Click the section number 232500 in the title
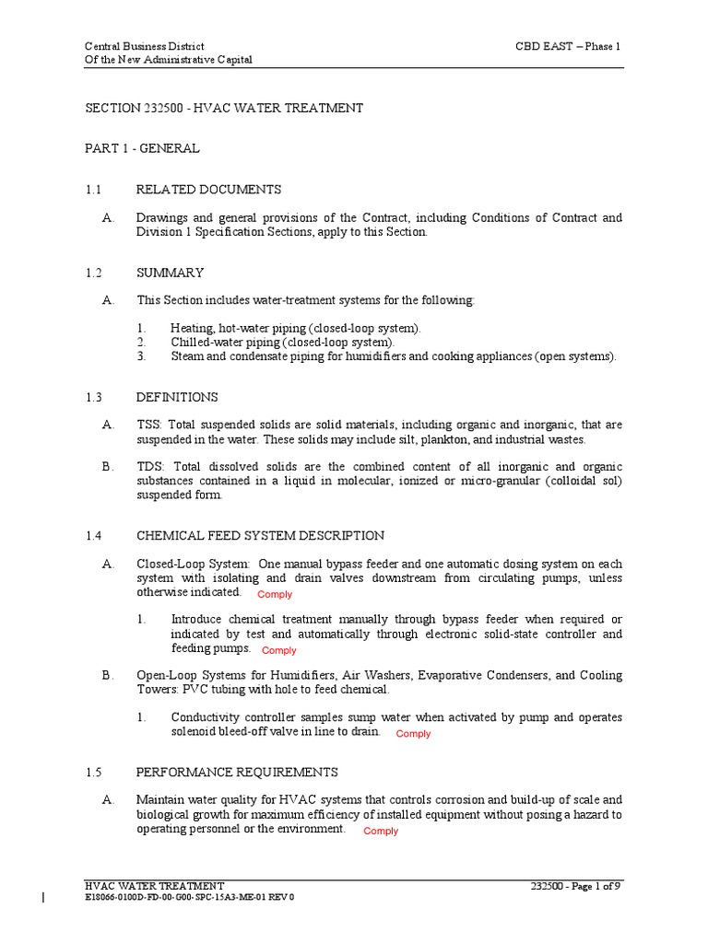[x=162, y=109]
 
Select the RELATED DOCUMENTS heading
[x=208, y=190]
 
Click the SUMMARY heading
[x=170, y=274]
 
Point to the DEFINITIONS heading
[x=177, y=398]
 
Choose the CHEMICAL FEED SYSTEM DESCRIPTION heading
[x=260, y=536]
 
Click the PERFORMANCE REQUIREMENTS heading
[x=237, y=773]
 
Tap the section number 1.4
[x=93, y=536]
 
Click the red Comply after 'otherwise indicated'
[x=275, y=595]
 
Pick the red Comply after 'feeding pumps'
[x=279, y=651]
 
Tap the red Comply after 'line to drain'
[x=413, y=734]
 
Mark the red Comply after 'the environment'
[x=381, y=832]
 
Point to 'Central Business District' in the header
[x=144, y=46]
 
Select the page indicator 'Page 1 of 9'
[x=595, y=886]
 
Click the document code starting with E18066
[x=189, y=897]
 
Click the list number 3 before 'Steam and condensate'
[x=141, y=356]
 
